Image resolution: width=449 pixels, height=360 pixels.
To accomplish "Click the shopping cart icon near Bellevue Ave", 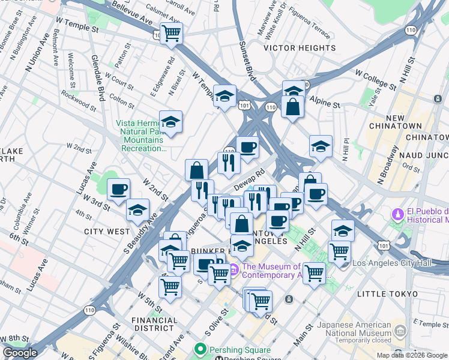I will click(x=172, y=33).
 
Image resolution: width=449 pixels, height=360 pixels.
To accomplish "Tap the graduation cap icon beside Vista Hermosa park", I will click(x=170, y=121).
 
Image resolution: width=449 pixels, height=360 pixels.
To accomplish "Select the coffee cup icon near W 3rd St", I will click(x=118, y=190).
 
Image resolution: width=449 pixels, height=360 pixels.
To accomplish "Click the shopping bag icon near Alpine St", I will click(x=292, y=107).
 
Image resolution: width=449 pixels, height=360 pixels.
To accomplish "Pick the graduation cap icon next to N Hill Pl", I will click(x=321, y=146).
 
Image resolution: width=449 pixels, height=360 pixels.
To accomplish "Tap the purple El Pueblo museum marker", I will click(x=397, y=214).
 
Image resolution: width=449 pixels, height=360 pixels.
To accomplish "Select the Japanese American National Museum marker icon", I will click(x=400, y=331).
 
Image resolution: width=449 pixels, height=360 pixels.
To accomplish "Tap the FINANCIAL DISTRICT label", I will click(x=154, y=324).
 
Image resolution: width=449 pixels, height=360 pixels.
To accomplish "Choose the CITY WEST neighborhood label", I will click(x=107, y=231).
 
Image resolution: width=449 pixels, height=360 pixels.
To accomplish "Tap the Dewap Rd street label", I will click(x=250, y=180).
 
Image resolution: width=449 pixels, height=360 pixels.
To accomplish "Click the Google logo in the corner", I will click(x=20, y=353).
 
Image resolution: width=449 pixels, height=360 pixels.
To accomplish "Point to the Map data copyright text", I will click(x=412, y=355).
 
